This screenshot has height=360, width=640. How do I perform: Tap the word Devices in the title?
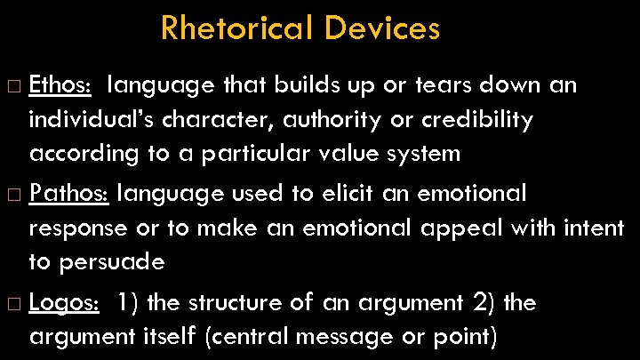381,28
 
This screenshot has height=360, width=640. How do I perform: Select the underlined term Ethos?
59,85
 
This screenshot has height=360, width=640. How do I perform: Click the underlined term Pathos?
68,193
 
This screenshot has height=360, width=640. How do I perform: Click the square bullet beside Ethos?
15,86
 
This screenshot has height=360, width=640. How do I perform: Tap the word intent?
594,228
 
